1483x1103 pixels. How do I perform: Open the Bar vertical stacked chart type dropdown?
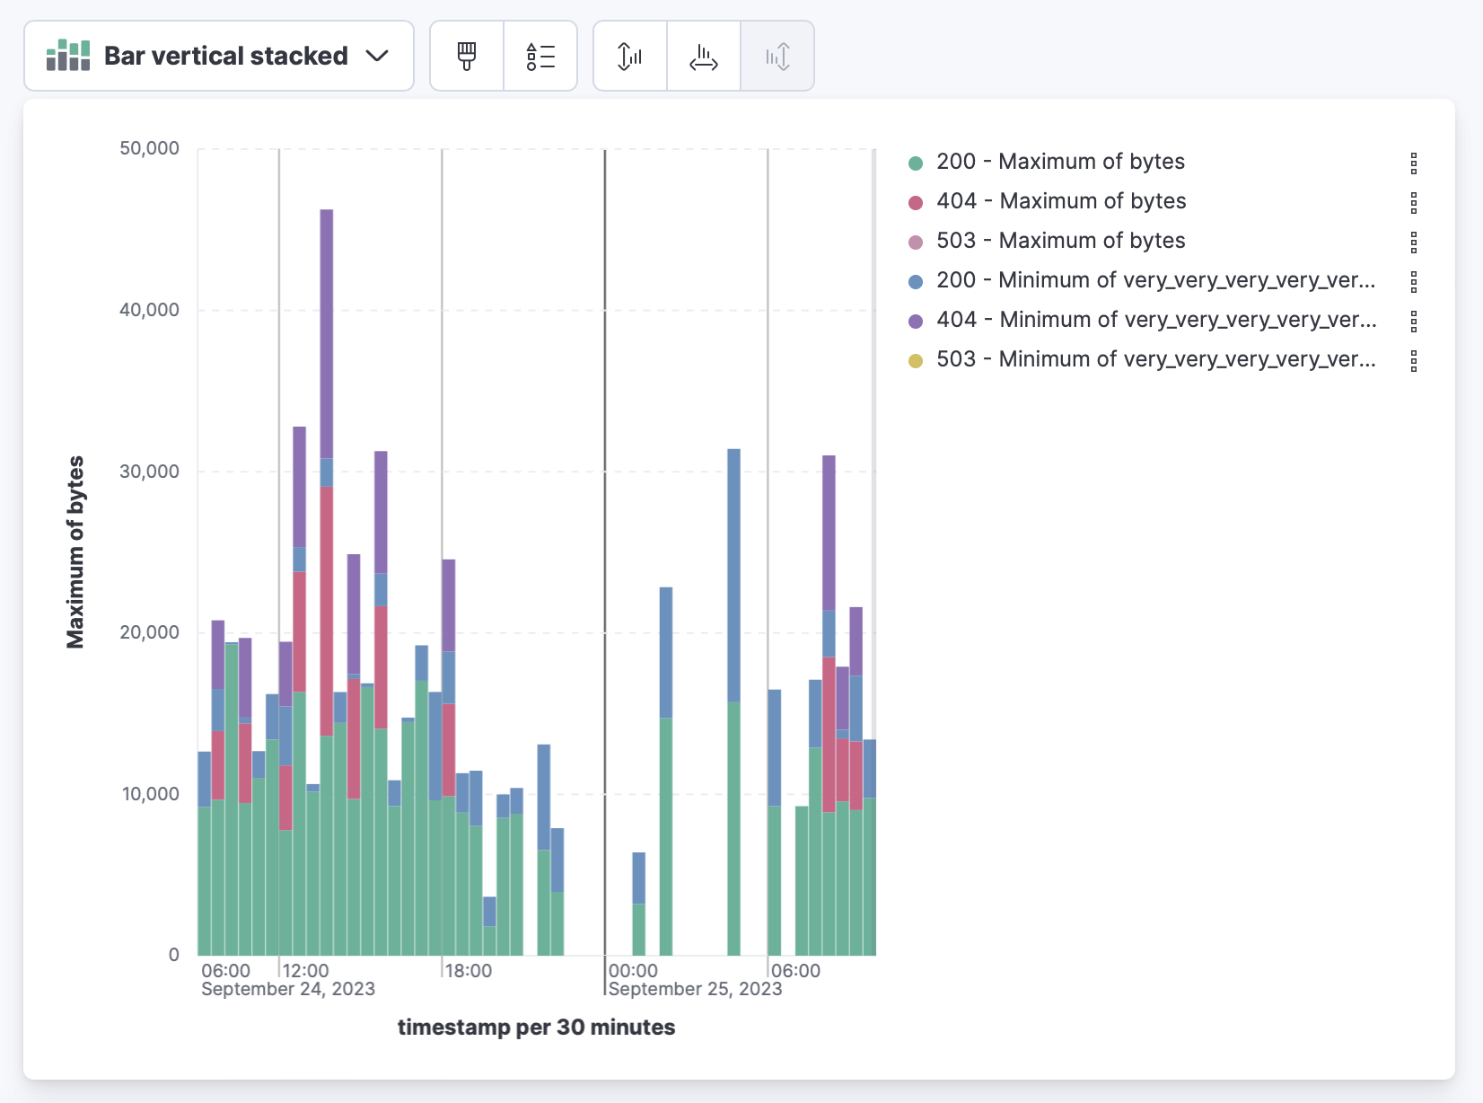218,56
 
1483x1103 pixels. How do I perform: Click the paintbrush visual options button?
467,57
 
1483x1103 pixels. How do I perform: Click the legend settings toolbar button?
540,57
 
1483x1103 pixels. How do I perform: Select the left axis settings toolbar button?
630,57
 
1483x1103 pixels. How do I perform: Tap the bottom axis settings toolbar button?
704,57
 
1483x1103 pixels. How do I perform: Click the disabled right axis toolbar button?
777,57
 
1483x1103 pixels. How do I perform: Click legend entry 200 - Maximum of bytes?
1060,162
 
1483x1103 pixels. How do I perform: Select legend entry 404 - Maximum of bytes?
1061,201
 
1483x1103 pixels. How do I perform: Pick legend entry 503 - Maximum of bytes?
1060,241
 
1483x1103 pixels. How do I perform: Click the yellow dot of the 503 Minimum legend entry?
916,361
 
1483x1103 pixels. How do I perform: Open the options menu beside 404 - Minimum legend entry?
1414,321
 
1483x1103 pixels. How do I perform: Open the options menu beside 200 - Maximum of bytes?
1414,163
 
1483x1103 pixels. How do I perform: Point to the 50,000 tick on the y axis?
149,148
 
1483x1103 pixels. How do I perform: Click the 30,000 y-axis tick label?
149,472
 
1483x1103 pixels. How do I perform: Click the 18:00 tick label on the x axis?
469,971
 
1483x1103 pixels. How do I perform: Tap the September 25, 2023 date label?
695,989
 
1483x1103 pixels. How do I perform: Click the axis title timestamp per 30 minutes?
536,1028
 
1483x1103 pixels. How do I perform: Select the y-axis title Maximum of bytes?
75,551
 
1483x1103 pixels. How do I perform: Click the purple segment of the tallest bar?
327,332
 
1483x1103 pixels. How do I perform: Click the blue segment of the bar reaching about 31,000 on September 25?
734,575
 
